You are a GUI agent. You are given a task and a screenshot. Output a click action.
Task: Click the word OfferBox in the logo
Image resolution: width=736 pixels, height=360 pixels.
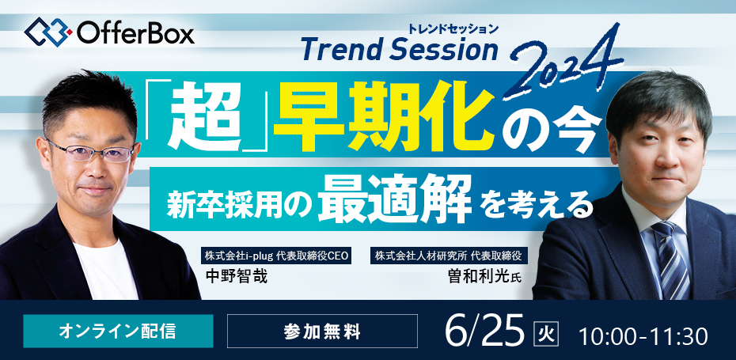coord(135,33)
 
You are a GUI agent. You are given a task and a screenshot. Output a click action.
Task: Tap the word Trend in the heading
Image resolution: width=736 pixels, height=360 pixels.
coord(342,51)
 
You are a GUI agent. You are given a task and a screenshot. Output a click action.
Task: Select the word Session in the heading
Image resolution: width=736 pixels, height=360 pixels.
coord(443,51)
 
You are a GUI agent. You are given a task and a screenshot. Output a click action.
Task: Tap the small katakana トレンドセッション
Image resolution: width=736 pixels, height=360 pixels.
coord(453,29)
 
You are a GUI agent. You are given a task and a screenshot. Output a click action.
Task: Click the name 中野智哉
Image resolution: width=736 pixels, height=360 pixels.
coord(237,276)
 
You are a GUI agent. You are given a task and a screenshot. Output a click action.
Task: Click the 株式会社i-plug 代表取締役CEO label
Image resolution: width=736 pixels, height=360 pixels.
coord(276,256)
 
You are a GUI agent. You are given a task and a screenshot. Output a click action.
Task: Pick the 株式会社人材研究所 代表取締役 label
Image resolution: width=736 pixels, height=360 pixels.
coord(448,256)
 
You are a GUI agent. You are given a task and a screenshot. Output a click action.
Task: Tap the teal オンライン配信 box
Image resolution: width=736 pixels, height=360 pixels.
coord(118,331)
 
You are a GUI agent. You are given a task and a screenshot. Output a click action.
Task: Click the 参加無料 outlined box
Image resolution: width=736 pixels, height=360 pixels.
coord(322,331)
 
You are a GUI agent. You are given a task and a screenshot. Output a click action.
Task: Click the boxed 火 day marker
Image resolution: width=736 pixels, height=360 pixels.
coord(546,333)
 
